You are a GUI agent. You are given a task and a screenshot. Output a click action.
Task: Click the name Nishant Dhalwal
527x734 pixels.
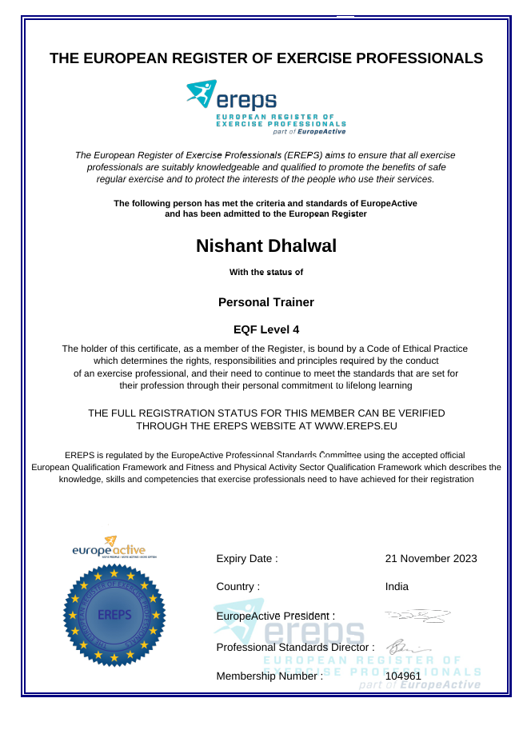click(x=265, y=245)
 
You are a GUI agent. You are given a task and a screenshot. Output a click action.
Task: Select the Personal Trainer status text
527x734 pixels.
click(x=265, y=302)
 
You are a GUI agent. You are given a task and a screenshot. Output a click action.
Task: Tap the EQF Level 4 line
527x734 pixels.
click(x=265, y=329)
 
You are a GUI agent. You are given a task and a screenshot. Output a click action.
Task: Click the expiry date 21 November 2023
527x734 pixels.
click(x=430, y=558)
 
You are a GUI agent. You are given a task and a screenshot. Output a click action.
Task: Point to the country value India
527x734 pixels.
click(x=397, y=586)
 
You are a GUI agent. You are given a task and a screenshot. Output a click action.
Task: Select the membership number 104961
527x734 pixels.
click(x=403, y=676)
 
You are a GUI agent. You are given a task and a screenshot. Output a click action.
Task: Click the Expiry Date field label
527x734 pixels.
click(x=247, y=558)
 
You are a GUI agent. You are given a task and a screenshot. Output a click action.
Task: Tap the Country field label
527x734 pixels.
click(x=238, y=586)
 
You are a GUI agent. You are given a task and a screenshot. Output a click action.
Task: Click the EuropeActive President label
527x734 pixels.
click(x=275, y=616)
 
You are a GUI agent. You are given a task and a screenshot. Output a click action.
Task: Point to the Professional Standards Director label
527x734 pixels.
click(x=295, y=646)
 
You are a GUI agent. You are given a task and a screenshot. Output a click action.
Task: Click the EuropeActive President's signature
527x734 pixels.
click(x=417, y=615)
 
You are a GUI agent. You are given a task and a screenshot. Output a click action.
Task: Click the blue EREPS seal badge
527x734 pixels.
click(x=114, y=615)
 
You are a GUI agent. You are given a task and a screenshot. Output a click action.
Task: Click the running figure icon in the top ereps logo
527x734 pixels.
click(x=201, y=94)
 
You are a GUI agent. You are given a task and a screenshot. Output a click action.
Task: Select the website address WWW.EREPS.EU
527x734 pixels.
click(x=356, y=426)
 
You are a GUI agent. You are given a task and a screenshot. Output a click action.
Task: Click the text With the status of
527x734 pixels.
click(x=265, y=272)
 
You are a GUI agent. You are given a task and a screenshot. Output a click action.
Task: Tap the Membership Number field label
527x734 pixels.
click(x=269, y=676)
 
